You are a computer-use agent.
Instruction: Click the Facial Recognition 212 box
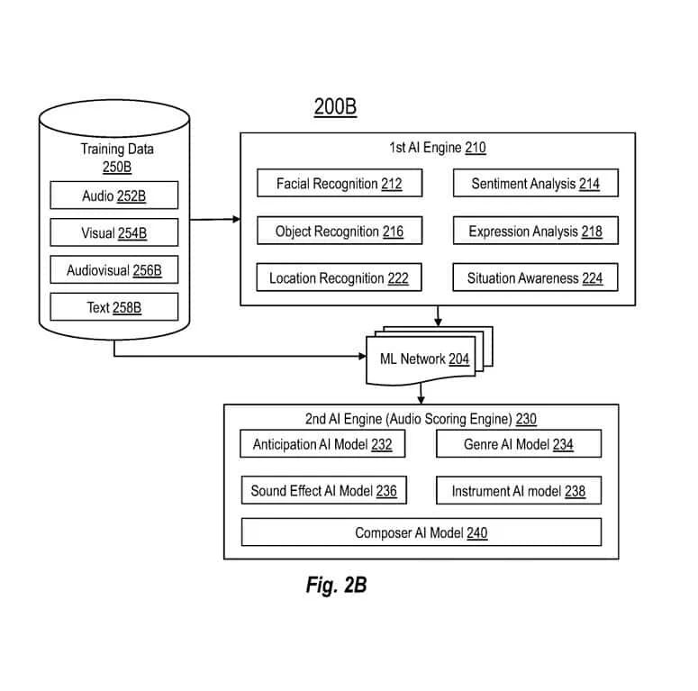pyautogui.click(x=339, y=184)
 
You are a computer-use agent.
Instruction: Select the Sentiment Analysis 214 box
pyautogui.click(x=535, y=184)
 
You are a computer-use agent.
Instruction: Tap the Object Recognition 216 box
pyautogui.click(x=339, y=232)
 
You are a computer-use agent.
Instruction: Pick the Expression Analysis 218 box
pyautogui.click(x=535, y=232)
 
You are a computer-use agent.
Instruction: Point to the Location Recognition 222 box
pyautogui.click(x=339, y=278)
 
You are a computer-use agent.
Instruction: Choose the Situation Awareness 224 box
pyautogui.click(x=535, y=278)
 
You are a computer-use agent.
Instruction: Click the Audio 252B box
pyautogui.click(x=114, y=195)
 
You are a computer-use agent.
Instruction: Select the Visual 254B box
pyautogui.click(x=114, y=233)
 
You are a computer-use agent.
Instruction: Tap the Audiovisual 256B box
pyautogui.click(x=114, y=270)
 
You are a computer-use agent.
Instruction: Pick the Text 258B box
pyautogui.click(x=114, y=307)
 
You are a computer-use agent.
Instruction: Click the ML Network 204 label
pyautogui.click(x=422, y=359)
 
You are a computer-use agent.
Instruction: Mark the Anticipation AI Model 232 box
pyautogui.click(x=322, y=444)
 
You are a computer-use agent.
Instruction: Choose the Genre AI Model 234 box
pyautogui.click(x=518, y=444)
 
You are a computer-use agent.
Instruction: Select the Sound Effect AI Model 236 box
pyautogui.click(x=322, y=491)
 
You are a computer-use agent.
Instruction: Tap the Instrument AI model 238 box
pyautogui.click(x=518, y=491)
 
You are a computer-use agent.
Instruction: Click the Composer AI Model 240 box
pyautogui.click(x=421, y=532)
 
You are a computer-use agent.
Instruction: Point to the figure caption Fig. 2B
pyautogui.click(x=336, y=586)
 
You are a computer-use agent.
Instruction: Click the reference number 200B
pyautogui.click(x=335, y=107)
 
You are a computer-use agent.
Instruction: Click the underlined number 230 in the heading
pyautogui.click(x=526, y=419)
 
